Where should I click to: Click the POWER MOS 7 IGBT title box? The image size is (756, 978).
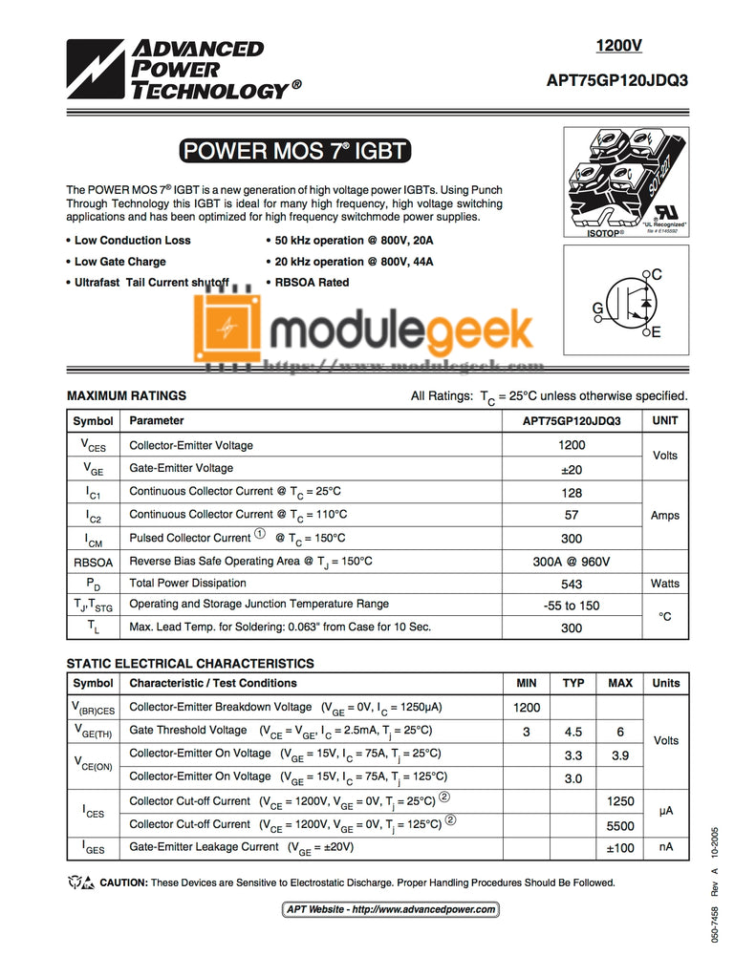(x=293, y=151)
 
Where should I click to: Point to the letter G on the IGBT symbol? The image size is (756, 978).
(x=597, y=308)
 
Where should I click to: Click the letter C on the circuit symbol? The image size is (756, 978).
(x=657, y=275)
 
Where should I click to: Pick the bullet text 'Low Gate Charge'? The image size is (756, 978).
(x=120, y=262)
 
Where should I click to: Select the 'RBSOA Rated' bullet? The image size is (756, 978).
(x=312, y=283)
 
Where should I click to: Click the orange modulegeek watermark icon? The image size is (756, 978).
(x=226, y=327)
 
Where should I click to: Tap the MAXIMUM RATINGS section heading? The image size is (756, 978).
(x=126, y=395)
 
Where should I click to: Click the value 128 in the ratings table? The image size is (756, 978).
(x=572, y=492)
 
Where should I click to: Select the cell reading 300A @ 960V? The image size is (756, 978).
(x=572, y=562)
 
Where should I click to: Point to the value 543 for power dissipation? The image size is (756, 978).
(x=572, y=584)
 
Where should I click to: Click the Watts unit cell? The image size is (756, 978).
(x=665, y=584)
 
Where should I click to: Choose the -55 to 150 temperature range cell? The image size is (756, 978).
(x=572, y=606)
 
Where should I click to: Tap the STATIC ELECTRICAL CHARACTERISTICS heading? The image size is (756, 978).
(x=189, y=663)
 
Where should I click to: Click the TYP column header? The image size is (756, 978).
(x=573, y=684)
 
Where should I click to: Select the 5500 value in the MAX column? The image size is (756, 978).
(x=620, y=824)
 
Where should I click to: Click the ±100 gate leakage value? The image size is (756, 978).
(x=620, y=847)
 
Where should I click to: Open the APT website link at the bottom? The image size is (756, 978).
(x=391, y=909)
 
